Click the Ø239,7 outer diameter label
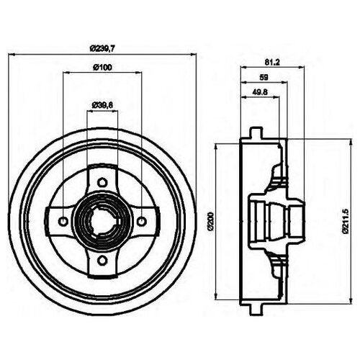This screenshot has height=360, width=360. [103, 48]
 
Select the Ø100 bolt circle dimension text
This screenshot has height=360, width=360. [102, 68]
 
